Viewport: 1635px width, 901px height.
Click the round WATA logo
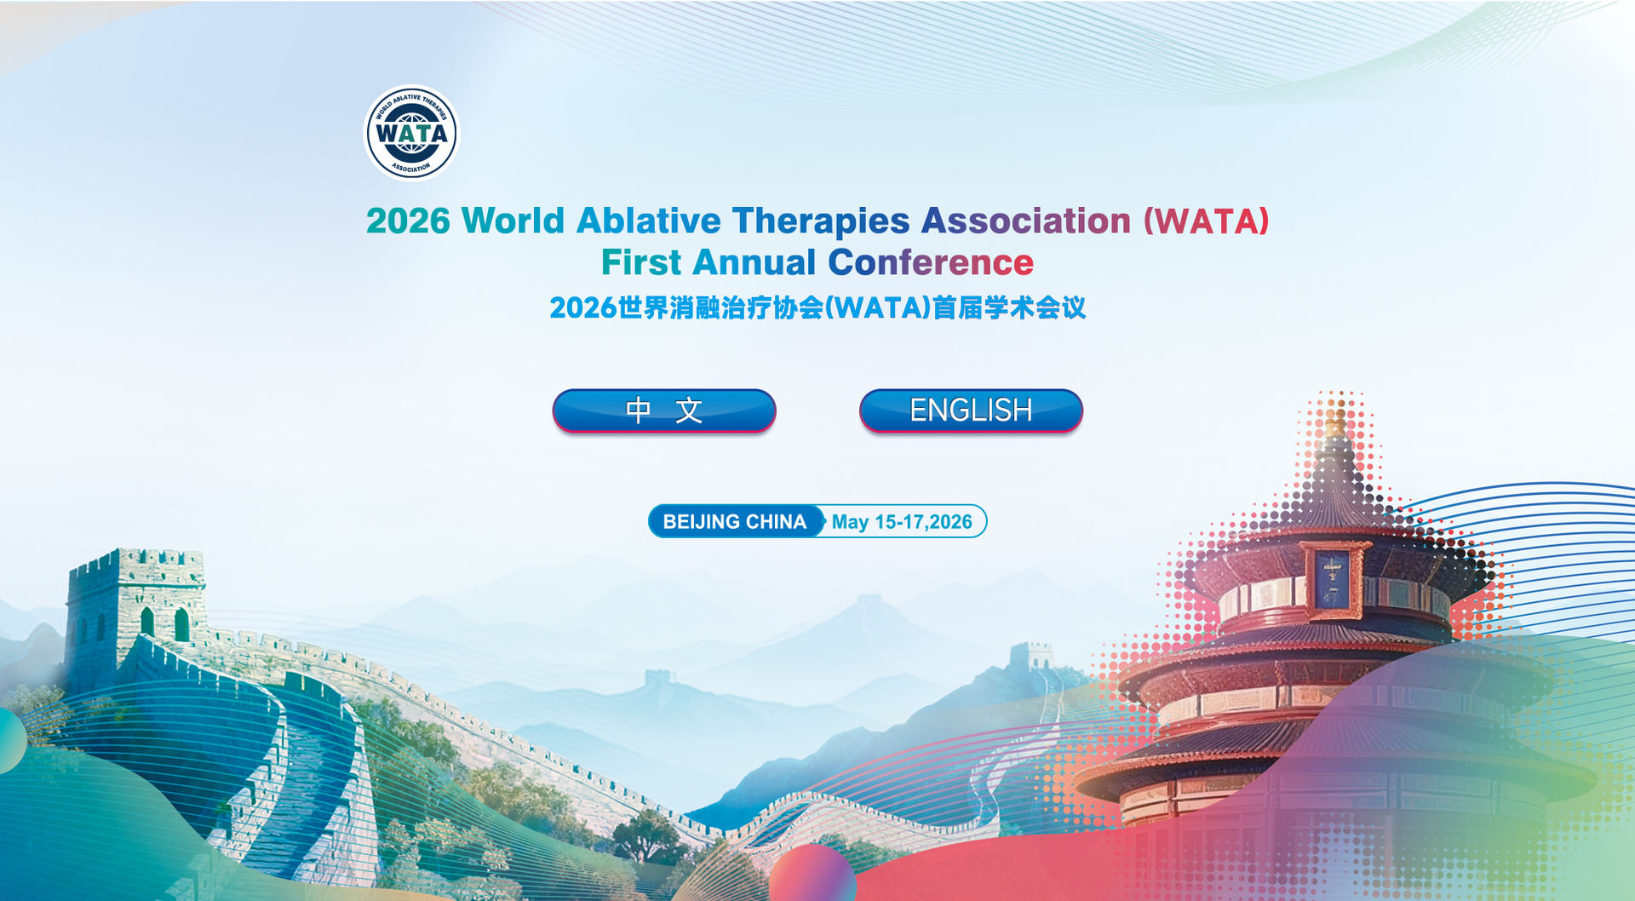[412, 133]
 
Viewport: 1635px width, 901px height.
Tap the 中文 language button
[664, 410]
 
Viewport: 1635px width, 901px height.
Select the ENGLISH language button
[971, 410]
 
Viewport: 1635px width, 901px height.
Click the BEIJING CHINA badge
[736, 521]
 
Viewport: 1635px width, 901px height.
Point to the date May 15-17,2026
[902, 522]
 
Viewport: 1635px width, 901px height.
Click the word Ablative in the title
[649, 221]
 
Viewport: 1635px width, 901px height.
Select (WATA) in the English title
[1206, 221]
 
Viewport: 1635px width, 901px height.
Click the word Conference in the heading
[931, 262]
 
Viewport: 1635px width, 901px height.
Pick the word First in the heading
[641, 262]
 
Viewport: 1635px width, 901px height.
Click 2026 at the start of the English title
[408, 221]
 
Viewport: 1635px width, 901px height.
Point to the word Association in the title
[1026, 221]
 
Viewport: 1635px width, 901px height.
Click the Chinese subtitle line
[817, 307]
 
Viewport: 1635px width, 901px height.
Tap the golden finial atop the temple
[1336, 422]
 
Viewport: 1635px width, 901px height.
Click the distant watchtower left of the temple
[1031, 656]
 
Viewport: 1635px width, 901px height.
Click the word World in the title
[513, 221]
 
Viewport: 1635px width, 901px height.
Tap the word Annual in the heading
[754, 262]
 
